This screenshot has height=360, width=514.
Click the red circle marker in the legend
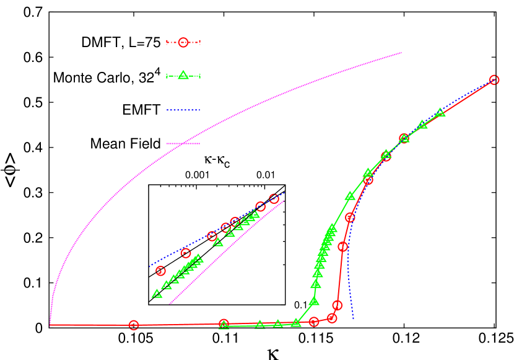click(183, 43)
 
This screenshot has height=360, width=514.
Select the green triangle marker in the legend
click(183, 76)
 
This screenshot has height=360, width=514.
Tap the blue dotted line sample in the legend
click(183, 110)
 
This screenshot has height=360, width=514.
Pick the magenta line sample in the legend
click(183, 143)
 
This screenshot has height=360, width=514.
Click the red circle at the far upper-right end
click(494, 80)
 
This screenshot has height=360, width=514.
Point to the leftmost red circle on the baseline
click(134, 325)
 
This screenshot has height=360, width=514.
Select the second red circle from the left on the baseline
click(224, 324)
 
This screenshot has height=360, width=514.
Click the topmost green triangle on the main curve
click(440, 112)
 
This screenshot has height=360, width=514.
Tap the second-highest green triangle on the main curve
click(422, 125)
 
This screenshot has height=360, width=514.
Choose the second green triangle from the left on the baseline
click(259, 324)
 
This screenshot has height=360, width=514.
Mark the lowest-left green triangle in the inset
click(157, 294)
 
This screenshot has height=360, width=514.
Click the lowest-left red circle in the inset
click(161, 271)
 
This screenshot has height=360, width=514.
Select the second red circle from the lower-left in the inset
click(186, 253)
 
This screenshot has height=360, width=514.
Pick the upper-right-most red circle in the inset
click(274, 199)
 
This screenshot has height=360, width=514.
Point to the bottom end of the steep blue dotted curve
click(353, 319)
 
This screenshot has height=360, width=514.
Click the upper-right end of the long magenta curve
click(402, 53)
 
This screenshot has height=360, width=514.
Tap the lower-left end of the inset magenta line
click(169, 304)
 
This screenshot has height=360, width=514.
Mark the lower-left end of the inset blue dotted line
click(149, 266)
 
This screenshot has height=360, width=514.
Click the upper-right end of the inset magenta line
click(284, 200)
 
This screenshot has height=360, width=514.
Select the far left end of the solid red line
click(50, 325)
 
